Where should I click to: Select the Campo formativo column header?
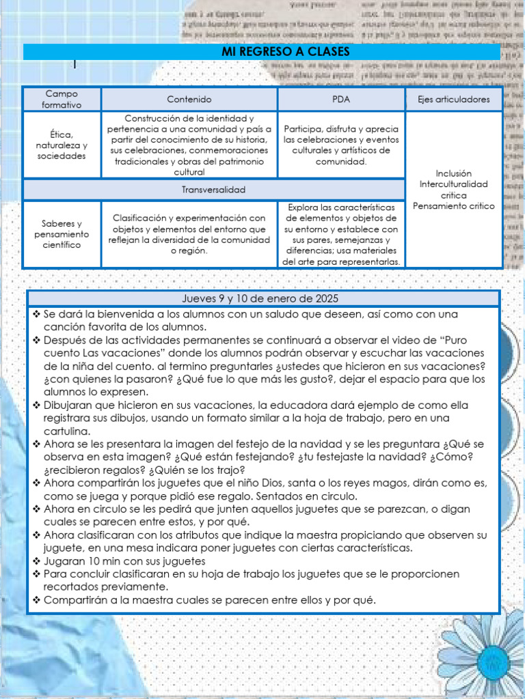(x=62, y=99)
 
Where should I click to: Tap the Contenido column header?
(x=189, y=99)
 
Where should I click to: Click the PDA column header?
(x=340, y=99)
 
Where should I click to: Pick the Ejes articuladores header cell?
(x=453, y=99)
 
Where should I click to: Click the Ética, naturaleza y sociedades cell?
(x=62, y=145)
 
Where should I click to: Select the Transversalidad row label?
(x=213, y=189)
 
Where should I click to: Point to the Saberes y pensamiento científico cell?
(x=62, y=234)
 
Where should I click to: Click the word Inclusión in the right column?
(x=453, y=173)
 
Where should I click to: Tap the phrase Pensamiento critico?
(x=453, y=206)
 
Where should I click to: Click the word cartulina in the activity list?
(x=68, y=431)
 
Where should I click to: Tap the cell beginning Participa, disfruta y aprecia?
(x=340, y=145)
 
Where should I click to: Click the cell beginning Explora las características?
(x=340, y=234)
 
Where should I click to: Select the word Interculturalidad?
(x=453, y=184)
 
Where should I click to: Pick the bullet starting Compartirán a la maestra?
(x=209, y=600)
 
